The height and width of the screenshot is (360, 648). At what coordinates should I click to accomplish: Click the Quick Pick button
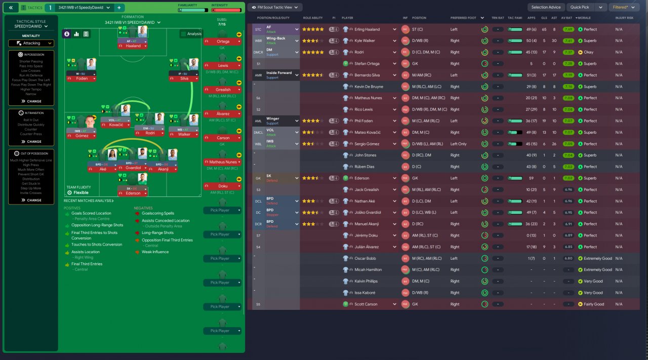(x=580, y=7)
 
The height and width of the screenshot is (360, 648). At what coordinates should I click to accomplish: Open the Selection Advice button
(x=546, y=7)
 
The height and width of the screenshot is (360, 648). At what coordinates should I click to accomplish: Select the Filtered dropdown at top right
(x=623, y=7)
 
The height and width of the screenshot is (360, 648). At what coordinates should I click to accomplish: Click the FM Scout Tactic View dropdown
(x=275, y=7)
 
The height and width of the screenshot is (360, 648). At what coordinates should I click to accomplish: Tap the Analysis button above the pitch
(x=191, y=34)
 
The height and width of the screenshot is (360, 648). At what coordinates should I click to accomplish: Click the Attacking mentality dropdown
(x=31, y=43)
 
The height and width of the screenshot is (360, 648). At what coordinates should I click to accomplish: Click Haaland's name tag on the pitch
(x=133, y=46)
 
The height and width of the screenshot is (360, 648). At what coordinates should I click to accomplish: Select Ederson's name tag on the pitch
(x=133, y=193)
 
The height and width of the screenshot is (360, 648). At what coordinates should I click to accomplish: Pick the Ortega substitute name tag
(x=223, y=42)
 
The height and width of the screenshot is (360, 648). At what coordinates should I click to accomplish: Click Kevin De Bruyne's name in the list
(x=369, y=87)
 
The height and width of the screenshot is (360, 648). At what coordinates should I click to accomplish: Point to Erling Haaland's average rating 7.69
(x=568, y=29)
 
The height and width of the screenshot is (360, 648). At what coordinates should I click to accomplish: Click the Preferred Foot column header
(x=463, y=18)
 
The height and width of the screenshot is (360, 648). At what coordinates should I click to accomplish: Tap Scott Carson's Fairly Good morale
(x=593, y=304)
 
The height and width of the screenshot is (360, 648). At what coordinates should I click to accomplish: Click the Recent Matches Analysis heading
(x=89, y=201)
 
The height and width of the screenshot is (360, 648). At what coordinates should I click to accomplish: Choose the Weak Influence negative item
(x=155, y=252)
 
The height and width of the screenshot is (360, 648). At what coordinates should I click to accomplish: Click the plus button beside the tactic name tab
(x=119, y=8)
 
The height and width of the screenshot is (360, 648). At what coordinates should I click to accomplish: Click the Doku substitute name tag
(x=223, y=186)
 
